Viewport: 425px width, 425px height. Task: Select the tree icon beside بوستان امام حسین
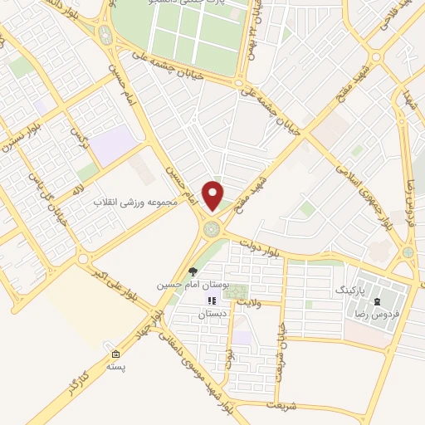coord(193,271)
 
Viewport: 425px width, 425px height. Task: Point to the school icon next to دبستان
coord(212,300)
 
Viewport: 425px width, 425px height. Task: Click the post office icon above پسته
coord(115,354)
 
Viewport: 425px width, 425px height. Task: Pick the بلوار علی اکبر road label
coord(110,283)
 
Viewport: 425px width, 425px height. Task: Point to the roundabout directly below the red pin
coord(212,226)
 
